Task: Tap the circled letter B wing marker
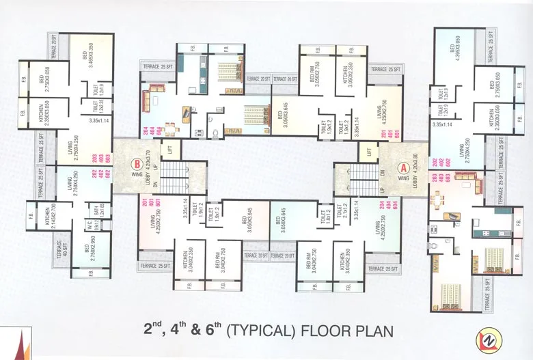(137, 165)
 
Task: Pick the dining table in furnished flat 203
(437, 199)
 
